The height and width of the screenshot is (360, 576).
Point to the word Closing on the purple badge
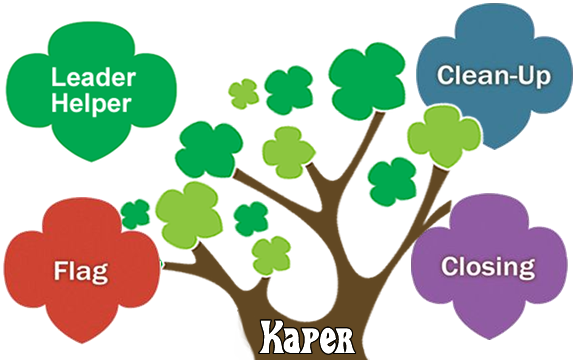point(488,268)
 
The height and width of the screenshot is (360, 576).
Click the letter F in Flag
point(57,269)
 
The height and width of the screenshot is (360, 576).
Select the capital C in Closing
point(451,267)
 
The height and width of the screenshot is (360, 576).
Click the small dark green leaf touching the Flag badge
point(135,213)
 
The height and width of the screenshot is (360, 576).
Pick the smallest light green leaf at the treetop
point(243,92)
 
